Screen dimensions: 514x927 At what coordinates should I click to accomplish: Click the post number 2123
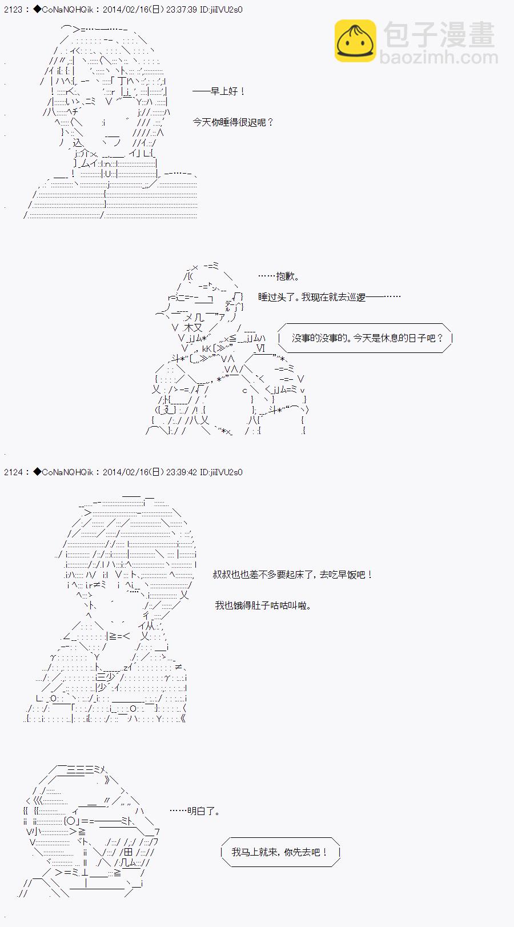13,10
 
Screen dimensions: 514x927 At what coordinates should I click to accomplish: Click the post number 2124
13,472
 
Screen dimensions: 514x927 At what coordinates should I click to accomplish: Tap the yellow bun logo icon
355,41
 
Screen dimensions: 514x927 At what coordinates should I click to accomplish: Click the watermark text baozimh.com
439,57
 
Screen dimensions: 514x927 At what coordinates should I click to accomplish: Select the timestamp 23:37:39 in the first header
181,10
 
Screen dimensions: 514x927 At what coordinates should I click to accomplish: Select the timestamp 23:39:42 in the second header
181,472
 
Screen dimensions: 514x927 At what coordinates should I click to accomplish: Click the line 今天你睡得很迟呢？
233,122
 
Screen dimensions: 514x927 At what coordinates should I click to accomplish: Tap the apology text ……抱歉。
279,276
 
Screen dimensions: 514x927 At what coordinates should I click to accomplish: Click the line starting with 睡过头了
329,297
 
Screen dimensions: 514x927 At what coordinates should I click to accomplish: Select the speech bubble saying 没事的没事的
366,338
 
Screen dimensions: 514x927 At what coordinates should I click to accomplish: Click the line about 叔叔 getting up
292,575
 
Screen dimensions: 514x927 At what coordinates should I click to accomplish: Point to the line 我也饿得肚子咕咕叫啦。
263,605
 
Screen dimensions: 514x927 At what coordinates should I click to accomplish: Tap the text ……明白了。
195,810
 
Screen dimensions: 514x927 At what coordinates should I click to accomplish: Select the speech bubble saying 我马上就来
280,852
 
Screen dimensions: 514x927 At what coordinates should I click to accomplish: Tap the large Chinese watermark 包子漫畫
439,35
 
